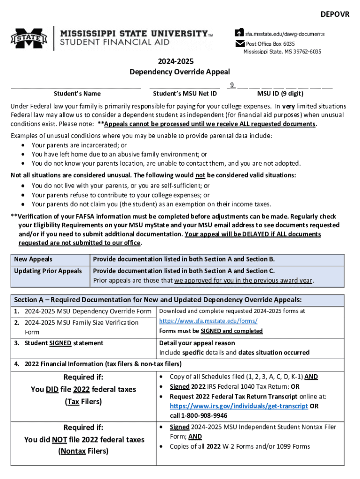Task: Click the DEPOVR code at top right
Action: click(x=335, y=15)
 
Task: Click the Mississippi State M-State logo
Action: click(x=29, y=38)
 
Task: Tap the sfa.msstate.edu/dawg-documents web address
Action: click(x=285, y=34)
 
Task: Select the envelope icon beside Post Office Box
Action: click(x=239, y=44)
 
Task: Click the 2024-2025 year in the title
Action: click(x=180, y=61)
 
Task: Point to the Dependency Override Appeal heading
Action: click(x=180, y=72)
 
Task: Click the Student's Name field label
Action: click(x=77, y=94)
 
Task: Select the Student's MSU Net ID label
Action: click(x=185, y=94)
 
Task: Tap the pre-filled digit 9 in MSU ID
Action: click(x=231, y=85)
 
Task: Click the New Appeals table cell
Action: click(x=33, y=259)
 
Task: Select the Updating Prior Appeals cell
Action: click(x=48, y=271)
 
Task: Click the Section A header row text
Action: click(x=158, y=300)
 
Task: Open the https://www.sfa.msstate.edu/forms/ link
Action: click(x=208, y=321)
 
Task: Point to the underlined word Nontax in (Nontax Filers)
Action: click(x=72, y=451)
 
